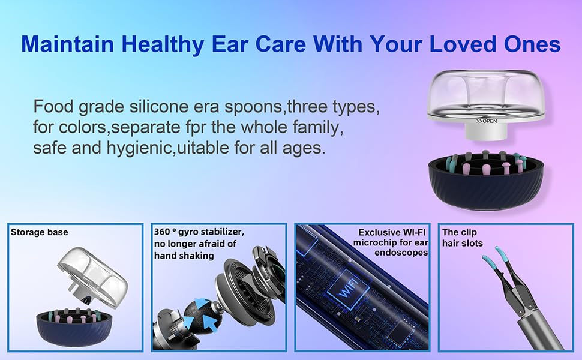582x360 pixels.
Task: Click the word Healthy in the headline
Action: click(162, 44)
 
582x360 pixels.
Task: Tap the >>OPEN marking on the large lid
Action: click(487, 121)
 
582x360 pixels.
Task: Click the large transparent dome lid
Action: click(486, 96)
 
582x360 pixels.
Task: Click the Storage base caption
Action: click(40, 232)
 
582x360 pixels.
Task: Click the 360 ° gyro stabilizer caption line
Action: click(199, 232)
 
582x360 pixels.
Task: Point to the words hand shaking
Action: click(184, 256)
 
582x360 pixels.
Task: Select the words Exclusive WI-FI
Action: click(392, 232)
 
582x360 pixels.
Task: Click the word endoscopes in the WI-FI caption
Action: click(401, 253)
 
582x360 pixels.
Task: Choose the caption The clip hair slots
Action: click(463, 238)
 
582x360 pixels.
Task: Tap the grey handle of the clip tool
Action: click(541, 331)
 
